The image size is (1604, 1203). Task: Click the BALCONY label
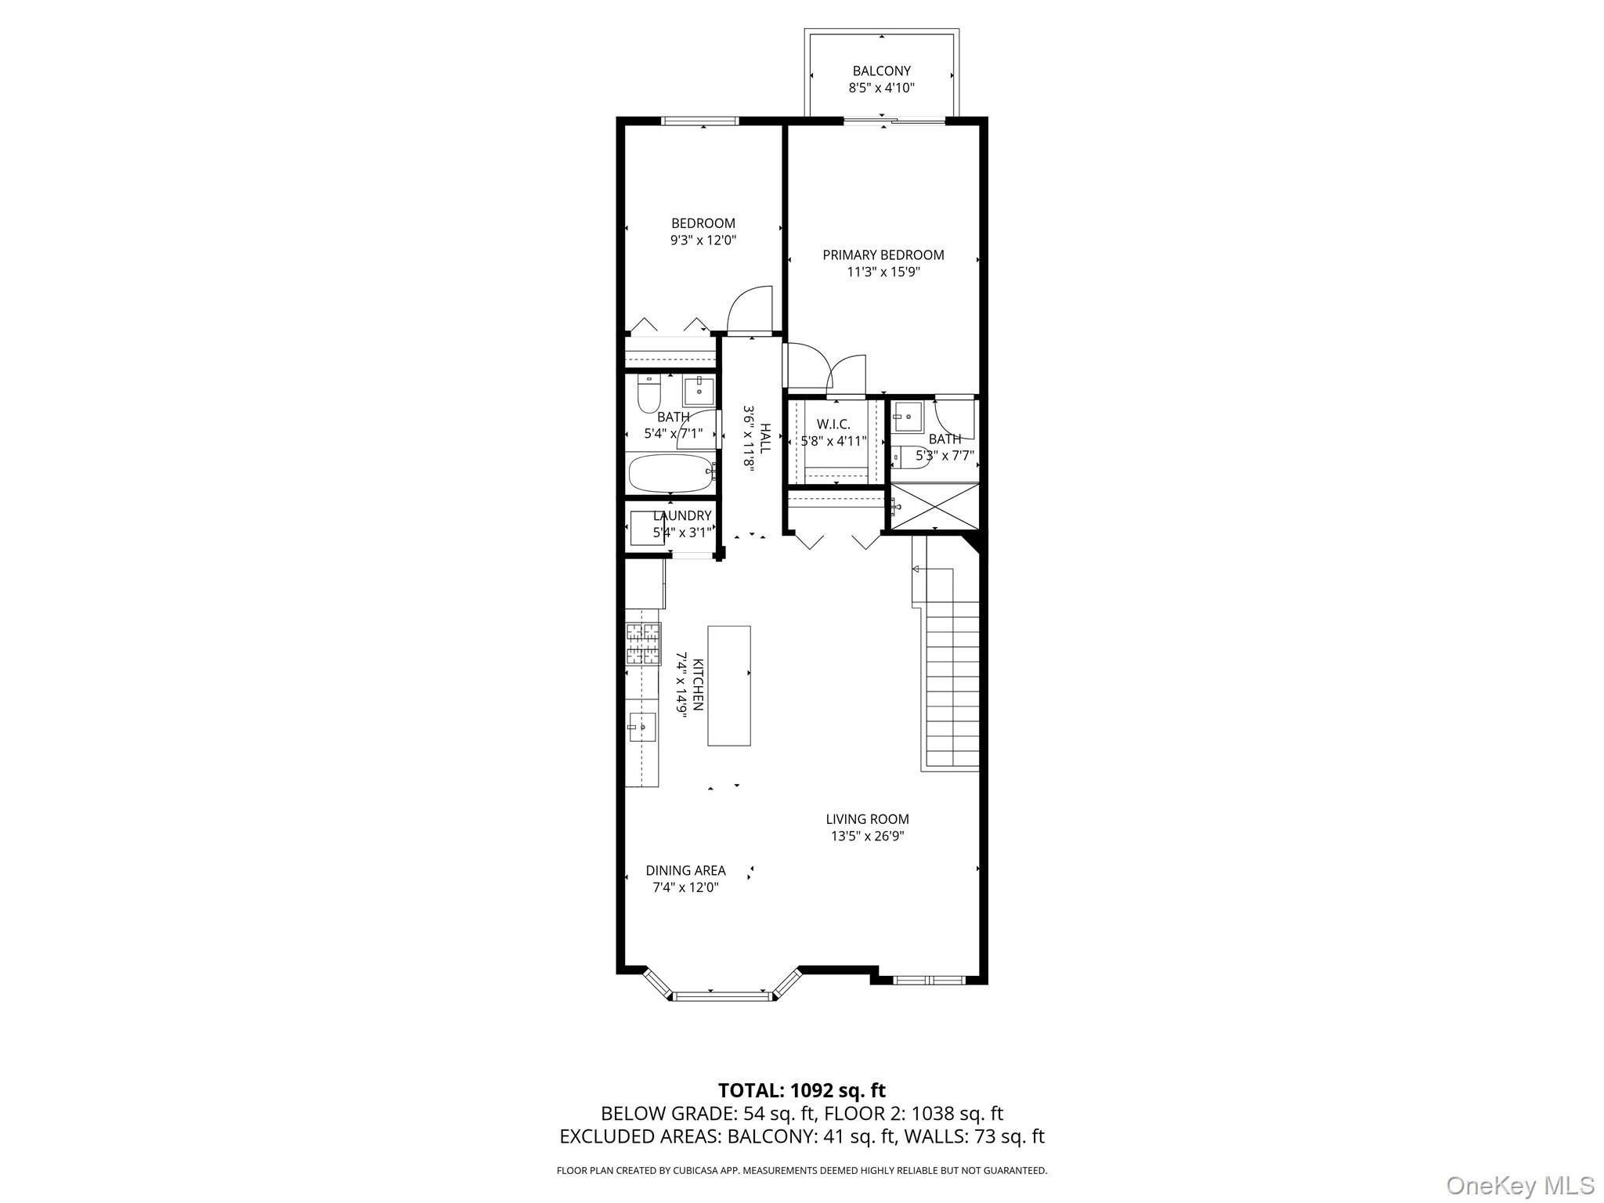(x=881, y=71)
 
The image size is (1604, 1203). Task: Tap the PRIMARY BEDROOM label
(x=883, y=255)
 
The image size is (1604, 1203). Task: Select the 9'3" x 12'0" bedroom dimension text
(x=703, y=241)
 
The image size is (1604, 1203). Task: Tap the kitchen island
(x=729, y=685)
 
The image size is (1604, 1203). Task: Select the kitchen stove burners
(x=643, y=644)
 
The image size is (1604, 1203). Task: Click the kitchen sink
(x=641, y=728)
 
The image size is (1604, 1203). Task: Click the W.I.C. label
(x=833, y=424)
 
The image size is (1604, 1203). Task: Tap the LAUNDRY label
(x=682, y=516)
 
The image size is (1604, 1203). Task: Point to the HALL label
(x=765, y=438)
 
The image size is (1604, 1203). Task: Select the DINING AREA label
(x=685, y=870)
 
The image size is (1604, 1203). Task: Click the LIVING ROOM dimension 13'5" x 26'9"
(x=867, y=836)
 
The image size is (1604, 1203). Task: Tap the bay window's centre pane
(x=721, y=996)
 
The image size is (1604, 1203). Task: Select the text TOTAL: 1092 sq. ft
(x=801, y=1090)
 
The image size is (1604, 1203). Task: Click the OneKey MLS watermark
(x=1519, y=1185)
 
